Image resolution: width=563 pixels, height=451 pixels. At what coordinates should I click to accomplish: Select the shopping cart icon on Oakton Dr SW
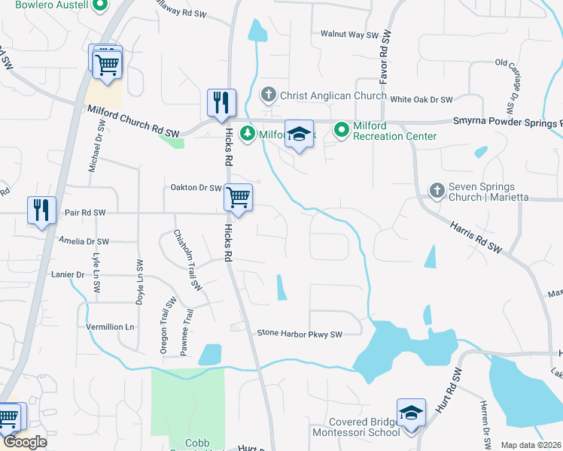pos(239,198)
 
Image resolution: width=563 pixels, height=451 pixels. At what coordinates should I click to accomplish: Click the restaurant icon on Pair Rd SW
pos(41,209)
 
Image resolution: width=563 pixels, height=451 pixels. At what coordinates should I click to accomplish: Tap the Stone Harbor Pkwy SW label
pos(300,333)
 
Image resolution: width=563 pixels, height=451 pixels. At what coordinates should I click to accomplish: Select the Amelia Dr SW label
pos(84,241)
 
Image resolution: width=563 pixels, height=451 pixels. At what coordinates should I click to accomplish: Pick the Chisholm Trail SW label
pos(187,260)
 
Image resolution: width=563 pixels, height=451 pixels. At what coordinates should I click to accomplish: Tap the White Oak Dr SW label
pos(421,99)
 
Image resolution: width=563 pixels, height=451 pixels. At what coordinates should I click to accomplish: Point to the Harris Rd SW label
pos(476,236)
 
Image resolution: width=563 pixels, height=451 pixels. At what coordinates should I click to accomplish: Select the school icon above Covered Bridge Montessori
pos(411,413)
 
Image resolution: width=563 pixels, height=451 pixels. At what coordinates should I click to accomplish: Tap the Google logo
pos(24,442)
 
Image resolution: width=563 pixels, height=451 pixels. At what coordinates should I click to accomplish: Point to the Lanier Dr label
pos(68,275)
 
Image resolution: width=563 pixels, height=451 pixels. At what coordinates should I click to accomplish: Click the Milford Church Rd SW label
pos(134,121)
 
